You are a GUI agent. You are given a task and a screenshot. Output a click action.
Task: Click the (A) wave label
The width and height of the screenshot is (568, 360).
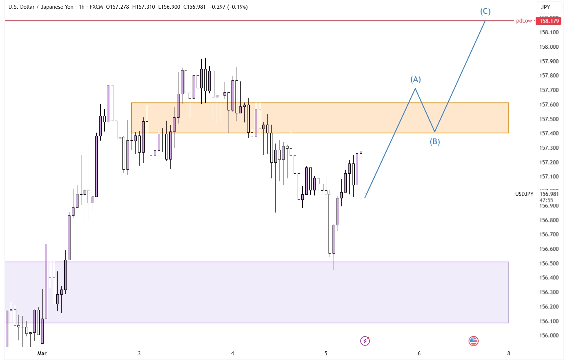click(x=415, y=79)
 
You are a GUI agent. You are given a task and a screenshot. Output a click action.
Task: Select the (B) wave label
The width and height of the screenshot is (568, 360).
click(x=435, y=142)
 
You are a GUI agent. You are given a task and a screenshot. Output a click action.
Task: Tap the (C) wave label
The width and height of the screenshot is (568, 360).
click(x=485, y=11)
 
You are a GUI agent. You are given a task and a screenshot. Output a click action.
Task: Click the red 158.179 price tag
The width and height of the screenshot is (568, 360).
click(x=549, y=21)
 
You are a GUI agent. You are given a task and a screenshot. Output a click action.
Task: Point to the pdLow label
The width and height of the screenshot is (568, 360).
click(x=524, y=21)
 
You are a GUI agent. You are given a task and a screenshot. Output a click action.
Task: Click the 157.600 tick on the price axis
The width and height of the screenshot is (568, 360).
click(x=549, y=105)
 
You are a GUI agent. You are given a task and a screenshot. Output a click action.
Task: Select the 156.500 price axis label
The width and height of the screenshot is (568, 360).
click(x=549, y=263)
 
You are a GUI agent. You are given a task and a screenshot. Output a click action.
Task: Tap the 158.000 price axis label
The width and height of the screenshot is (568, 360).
click(x=549, y=47)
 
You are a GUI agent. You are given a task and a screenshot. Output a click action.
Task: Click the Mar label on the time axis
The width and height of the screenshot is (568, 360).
click(x=42, y=353)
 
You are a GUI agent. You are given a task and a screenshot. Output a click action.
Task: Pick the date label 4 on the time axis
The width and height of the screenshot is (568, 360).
click(x=233, y=353)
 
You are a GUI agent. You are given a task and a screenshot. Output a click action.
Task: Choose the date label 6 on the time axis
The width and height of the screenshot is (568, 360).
click(x=419, y=353)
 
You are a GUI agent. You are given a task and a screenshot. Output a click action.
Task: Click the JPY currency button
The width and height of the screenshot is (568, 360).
click(x=545, y=7)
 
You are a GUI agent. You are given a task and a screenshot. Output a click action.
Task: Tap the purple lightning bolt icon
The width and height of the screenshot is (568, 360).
click(x=365, y=341)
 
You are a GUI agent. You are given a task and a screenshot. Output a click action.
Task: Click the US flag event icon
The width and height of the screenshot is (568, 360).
click(x=473, y=341)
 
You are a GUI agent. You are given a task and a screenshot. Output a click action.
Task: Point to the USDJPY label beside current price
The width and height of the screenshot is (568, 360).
click(x=524, y=194)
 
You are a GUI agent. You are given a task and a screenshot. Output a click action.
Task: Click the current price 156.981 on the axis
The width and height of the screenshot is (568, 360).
click(x=549, y=194)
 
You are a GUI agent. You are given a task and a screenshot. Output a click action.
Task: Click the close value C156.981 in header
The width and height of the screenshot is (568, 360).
click(x=194, y=7)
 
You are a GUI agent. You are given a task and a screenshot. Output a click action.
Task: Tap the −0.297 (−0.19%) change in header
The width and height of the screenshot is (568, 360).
click(x=229, y=7)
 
